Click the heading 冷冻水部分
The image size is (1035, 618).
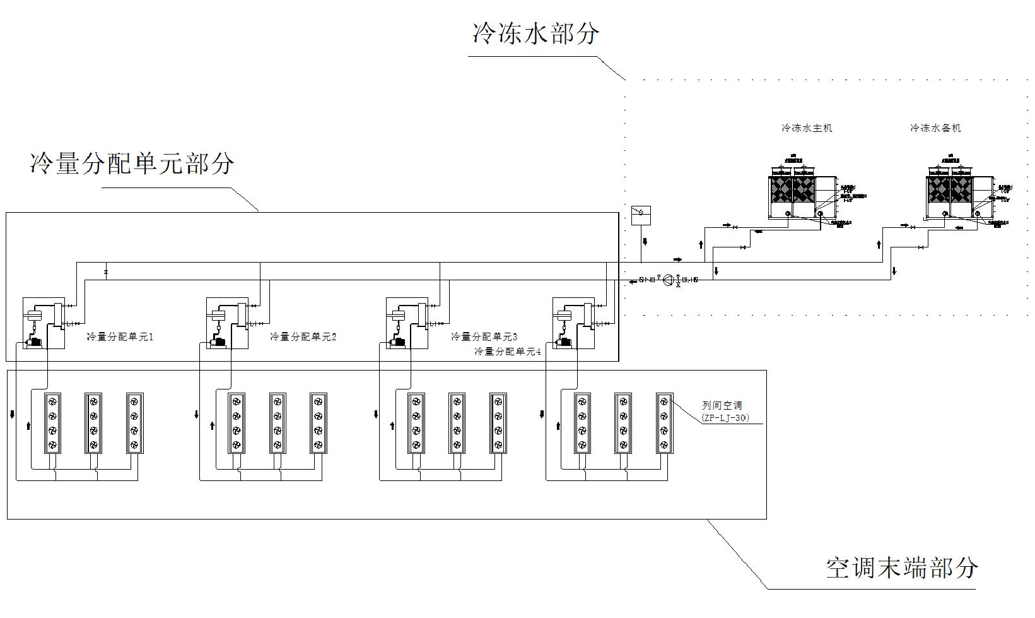click(535, 33)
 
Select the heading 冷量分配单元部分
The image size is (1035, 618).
click(132, 163)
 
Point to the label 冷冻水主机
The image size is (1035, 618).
click(807, 128)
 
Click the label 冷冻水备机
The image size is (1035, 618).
click(935, 128)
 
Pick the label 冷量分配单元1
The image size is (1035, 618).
click(120, 337)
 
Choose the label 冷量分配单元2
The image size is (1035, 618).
click(303, 337)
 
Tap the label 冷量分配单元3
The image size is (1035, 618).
click(484, 337)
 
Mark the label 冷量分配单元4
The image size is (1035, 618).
click(508, 352)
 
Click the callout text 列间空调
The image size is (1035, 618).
click(723, 406)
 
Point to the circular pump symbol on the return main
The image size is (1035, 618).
click(668, 280)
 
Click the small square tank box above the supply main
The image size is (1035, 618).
click(641, 215)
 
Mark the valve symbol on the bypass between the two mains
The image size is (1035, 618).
click(106, 272)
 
